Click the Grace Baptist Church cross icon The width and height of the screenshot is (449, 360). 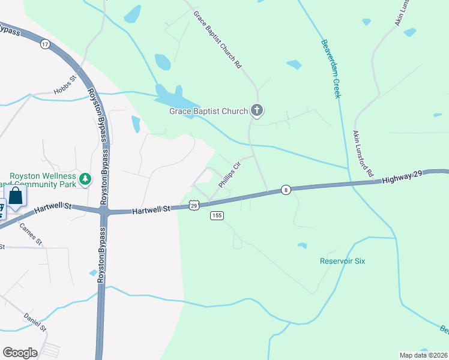(257, 110)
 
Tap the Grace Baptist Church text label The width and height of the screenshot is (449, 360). (208, 111)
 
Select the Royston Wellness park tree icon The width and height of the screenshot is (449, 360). (86, 178)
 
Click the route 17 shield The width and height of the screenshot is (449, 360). (45, 44)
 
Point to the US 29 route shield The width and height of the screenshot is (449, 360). (194, 205)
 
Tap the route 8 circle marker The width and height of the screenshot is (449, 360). (286, 190)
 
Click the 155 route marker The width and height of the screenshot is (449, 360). (217, 215)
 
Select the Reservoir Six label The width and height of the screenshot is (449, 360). (342, 261)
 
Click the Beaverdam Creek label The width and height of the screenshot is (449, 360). (331, 68)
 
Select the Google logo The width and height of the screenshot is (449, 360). (20, 353)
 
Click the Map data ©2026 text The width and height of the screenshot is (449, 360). (424, 355)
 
